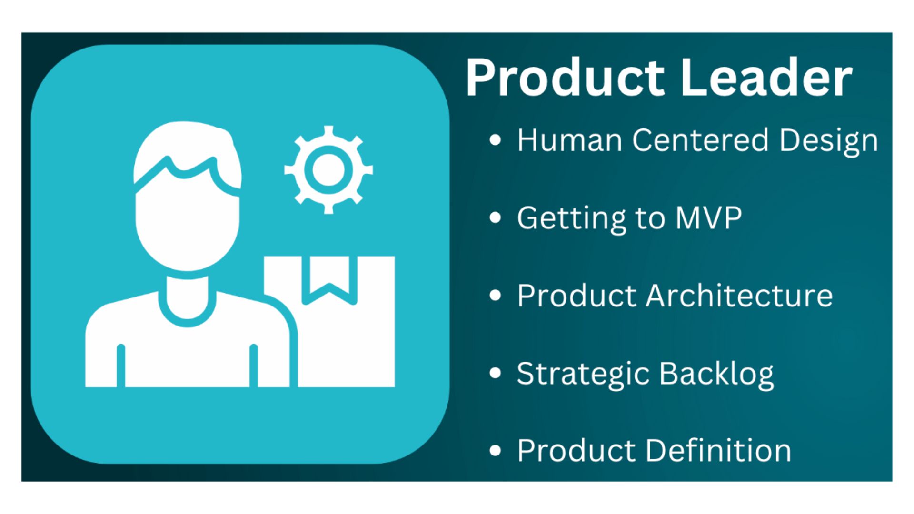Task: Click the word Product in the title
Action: point(565,77)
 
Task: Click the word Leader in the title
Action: point(766,77)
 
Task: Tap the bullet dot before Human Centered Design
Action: point(495,140)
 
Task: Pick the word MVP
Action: point(708,218)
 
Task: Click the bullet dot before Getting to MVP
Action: point(495,217)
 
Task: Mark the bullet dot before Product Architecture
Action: point(495,295)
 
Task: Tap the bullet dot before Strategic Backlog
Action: point(495,373)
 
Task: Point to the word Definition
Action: point(718,450)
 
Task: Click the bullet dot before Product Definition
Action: point(495,450)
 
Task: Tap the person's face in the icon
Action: point(188,224)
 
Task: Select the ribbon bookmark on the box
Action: point(329,280)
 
